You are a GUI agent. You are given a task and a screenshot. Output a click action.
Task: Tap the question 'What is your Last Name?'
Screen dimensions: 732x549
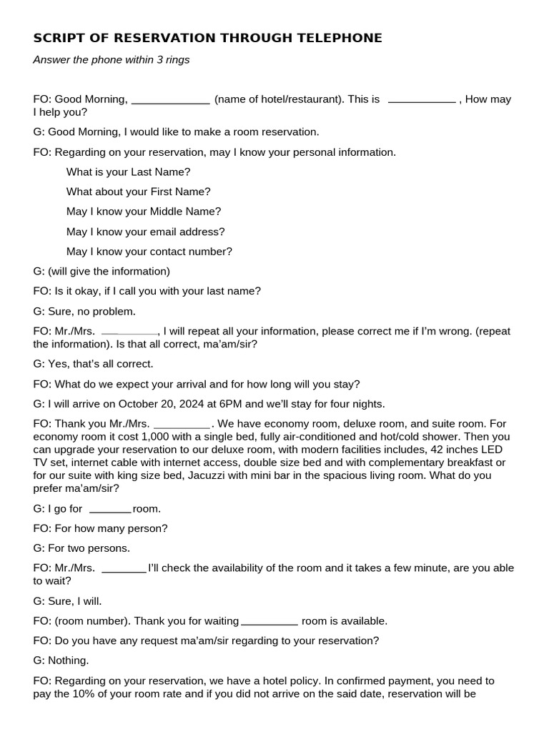(129, 172)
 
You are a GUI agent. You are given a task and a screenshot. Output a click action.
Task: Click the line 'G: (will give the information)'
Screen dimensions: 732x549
(102, 272)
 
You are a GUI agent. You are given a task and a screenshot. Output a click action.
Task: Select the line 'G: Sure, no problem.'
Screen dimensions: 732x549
(84, 312)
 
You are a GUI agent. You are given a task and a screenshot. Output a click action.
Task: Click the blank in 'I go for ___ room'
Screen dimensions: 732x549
(111, 510)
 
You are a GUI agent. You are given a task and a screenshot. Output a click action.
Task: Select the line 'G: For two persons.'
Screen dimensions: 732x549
(81, 548)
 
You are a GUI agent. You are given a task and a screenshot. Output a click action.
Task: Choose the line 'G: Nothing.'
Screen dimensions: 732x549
(61, 661)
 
